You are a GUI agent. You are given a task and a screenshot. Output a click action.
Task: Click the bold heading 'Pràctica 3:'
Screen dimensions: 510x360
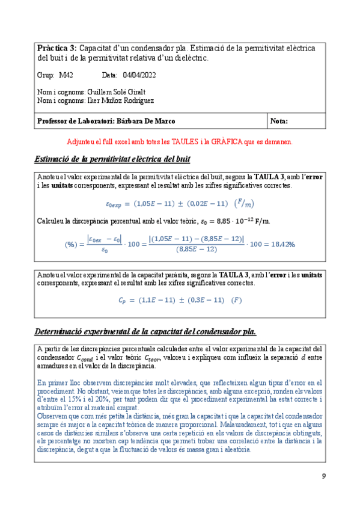(56, 48)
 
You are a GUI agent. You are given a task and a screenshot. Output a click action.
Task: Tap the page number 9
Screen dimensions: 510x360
(324, 477)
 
